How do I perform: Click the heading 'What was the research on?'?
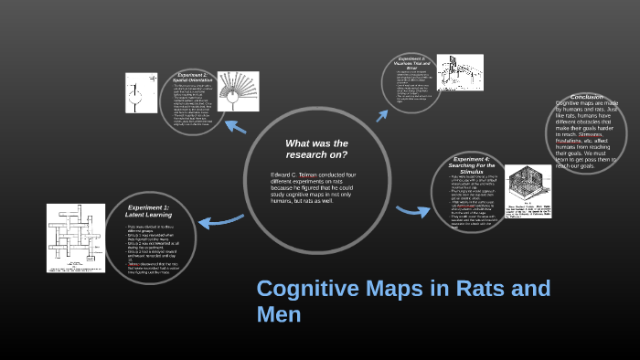pos(316,149)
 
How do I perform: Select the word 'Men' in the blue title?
pos(279,315)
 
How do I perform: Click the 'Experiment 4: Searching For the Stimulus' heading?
pos(475,165)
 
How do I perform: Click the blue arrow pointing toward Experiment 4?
pos(412,212)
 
